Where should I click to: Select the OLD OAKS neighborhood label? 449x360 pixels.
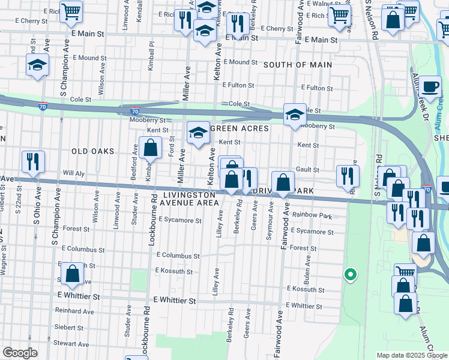(x=92, y=151)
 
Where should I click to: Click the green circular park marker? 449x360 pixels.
(x=349, y=275)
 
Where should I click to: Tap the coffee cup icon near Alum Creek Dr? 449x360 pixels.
(x=430, y=86)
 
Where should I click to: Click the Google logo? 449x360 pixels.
(x=20, y=353)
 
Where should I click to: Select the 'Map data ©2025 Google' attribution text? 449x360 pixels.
(x=411, y=355)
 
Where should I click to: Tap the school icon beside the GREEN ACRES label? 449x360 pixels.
(x=198, y=133)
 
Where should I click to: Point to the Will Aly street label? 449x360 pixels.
(x=74, y=173)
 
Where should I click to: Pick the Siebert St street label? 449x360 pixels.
(x=71, y=328)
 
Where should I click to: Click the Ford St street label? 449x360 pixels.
(x=172, y=146)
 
